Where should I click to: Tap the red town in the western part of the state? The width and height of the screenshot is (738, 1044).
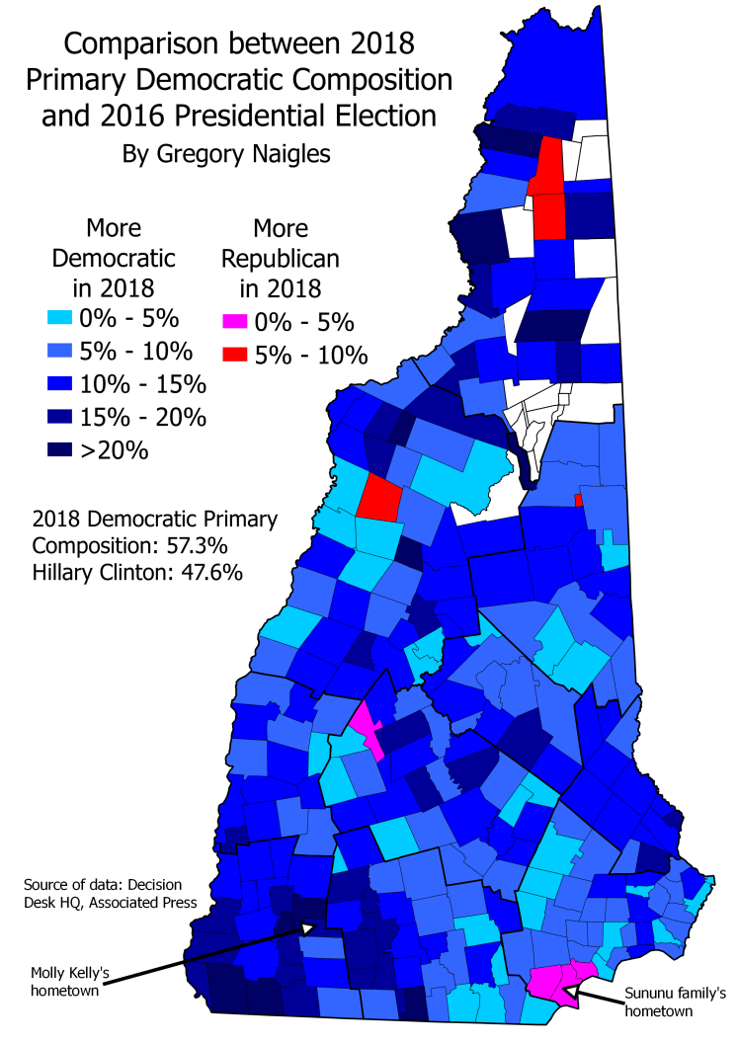[379, 496]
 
